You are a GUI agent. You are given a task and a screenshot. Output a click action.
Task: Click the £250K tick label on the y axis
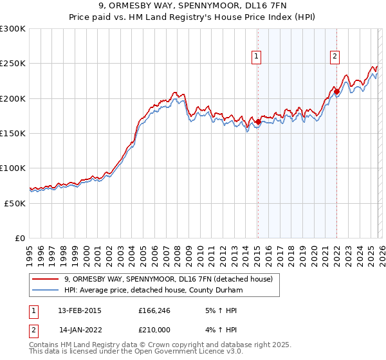click(x=13, y=64)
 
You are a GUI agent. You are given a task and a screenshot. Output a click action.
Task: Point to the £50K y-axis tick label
click(x=15, y=203)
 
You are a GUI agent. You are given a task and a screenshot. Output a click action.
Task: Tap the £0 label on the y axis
click(x=21, y=238)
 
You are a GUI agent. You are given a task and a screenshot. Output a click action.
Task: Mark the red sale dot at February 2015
click(x=257, y=122)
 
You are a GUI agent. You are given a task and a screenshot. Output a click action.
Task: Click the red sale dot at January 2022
click(x=336, y=91)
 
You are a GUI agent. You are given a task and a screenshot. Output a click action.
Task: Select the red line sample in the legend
click(x=45, y=279)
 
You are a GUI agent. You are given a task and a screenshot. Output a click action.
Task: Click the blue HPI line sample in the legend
click(x=45, y=290)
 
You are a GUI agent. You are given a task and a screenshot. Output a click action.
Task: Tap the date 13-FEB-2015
click(x=80, y=310)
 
